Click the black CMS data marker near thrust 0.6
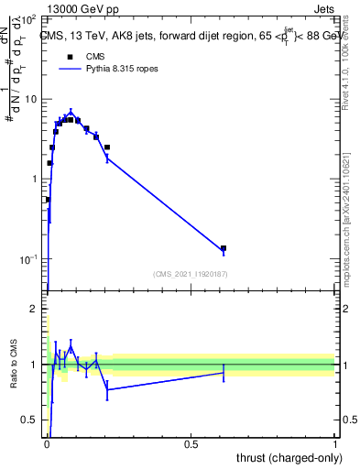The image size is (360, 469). coord(223,248)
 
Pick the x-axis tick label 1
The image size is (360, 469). coord(335,444)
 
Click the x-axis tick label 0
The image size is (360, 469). coord(47,444)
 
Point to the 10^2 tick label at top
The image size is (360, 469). coord(27,19)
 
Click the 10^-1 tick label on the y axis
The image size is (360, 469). coord(27,259)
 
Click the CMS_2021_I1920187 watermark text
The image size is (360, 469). coord(190,274)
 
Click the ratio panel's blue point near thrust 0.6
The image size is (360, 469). coord(223,372)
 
